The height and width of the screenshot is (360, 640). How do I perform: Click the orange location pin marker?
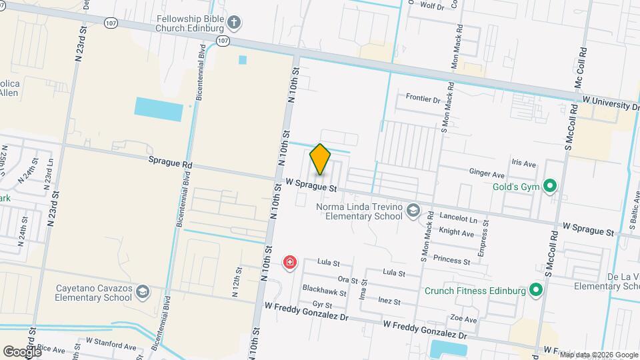pyautogui.click(x=321, y=159)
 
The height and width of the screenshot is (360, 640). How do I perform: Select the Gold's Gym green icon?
pyautogui.click(x=550, y=186)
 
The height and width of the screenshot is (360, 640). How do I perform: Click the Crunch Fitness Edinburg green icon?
pyautogui.click(x=535, y=290)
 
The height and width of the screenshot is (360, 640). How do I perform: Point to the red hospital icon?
pyautogui.click(x=289, y=262)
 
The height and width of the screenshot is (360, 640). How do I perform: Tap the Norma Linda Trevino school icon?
pyautogui.click(x=413, y=211)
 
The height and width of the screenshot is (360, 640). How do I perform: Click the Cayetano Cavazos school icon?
pyautogui.click(x=142, y=292)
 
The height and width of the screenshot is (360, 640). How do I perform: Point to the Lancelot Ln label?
pyautogui.click(x=459, y=219)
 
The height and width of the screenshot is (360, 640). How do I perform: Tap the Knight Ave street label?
pyautogui.click(x=457, y=233)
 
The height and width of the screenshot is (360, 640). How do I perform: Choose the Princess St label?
pyautogui.click(x=451, y=259)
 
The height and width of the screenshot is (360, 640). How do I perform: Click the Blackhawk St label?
pyautogui.click(x=325, y=292)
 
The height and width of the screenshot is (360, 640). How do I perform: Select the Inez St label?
pyautogui.click(x=389, y=301)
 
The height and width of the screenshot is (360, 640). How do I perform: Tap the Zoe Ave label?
pyautogui.click(x=463, y=319)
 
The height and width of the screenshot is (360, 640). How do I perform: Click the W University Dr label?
pyautogui.click(x=611, y=105)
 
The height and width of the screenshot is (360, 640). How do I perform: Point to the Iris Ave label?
pyautogui.click(x=523, y=163)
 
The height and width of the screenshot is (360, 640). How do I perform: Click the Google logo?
pyautogui.click(x=21, y=351)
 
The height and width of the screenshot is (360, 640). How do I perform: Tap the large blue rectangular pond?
pyautogui.click(x=159, y=109)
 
